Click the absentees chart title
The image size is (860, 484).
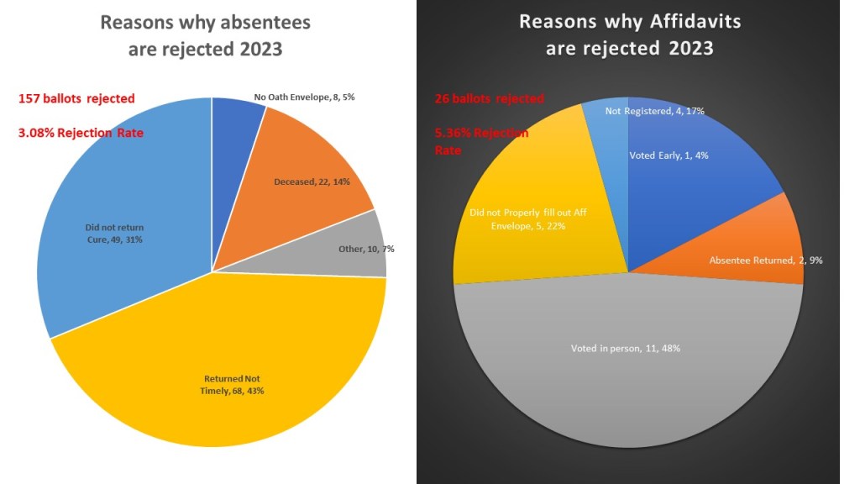pos(205,35)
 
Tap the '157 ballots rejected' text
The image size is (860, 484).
pos(76,98)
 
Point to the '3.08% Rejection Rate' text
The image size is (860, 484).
pos(82,132)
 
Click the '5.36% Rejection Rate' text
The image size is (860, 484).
pos(481,141)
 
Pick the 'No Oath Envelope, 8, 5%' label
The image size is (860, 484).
pos(304,97)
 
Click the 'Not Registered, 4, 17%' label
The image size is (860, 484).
pos(655,110)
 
